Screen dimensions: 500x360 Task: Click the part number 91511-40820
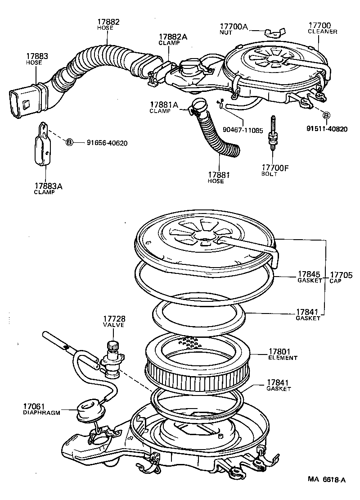(327, 128)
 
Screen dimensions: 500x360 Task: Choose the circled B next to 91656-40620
(69, 143)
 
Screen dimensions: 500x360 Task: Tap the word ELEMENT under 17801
(283, 358)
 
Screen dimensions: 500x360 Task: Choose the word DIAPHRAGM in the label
(41, 413)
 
